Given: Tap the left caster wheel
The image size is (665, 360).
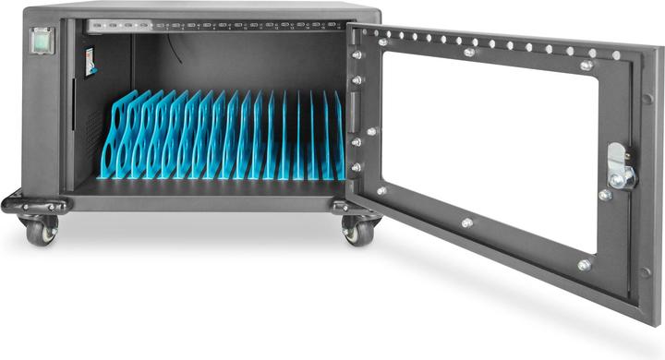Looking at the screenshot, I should pos(41,231).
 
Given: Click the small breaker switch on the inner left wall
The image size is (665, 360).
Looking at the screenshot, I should pos(90,62).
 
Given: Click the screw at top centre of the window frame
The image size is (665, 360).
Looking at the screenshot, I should pos(469,52).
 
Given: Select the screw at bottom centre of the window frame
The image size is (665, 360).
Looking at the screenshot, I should pos(466,222).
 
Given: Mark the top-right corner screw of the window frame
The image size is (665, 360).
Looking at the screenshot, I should pos(586,65).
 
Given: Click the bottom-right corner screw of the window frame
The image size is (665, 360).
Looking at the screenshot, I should pos(584,265).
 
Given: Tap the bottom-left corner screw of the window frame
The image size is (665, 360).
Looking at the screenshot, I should pos(381,191).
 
